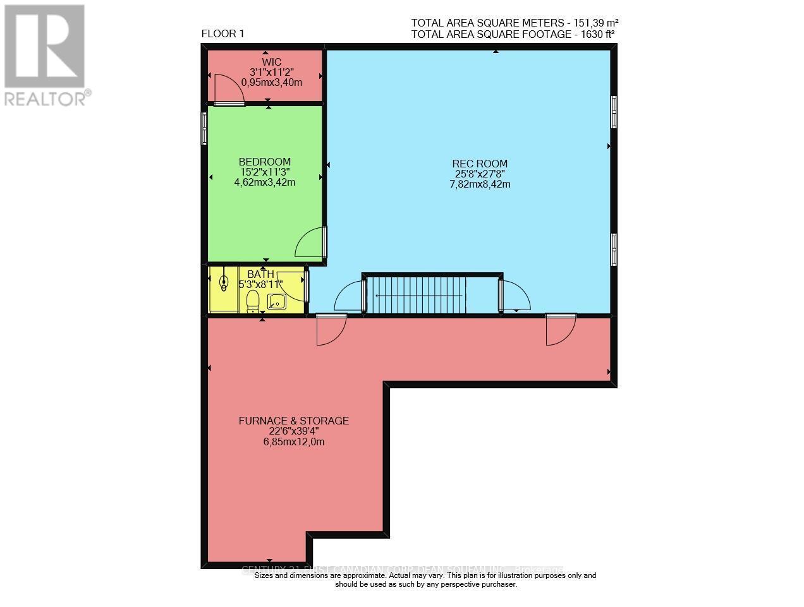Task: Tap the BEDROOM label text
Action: (x=265, y=162)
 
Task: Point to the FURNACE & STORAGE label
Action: (x=293, y=421)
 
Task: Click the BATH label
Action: (x=260, y=274)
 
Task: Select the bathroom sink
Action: (x=277, y=302)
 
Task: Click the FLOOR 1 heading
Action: (x=222, y=34)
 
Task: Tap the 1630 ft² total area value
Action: (x=595, y=34)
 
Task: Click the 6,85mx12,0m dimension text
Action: (x=293, y=442)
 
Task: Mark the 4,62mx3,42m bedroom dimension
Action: (x=265, y=183)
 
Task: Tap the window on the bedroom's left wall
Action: (x=204, y=128)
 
